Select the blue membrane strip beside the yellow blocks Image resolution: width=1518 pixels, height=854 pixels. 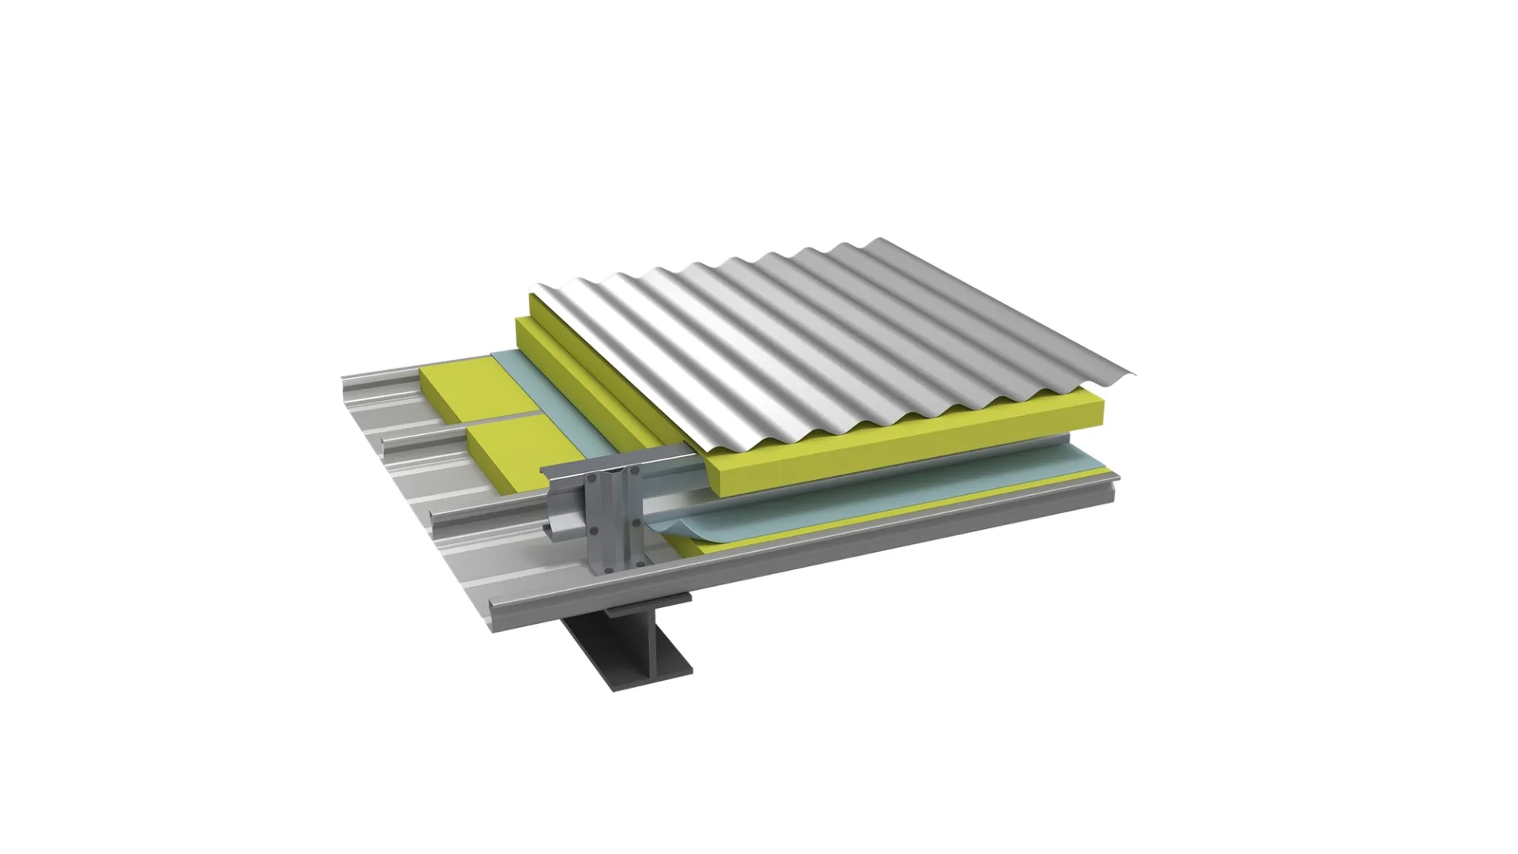546,395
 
